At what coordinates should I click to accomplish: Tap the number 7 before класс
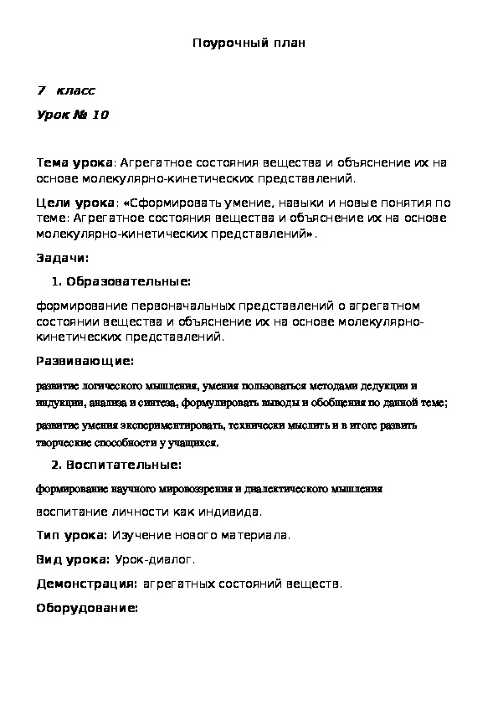point(40,90)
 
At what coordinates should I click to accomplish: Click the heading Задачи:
point(64,258)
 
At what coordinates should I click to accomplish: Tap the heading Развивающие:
point(85,361)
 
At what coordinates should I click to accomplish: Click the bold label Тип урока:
point(72,534)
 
